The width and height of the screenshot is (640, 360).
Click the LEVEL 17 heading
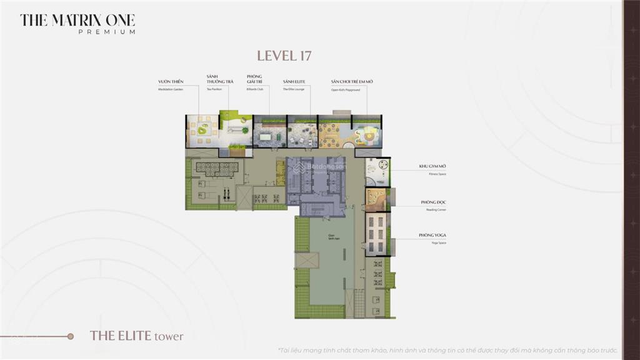pos(284,56)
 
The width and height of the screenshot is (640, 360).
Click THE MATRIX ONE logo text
pos(77,20)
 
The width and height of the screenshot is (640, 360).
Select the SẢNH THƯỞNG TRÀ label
pos(216,79)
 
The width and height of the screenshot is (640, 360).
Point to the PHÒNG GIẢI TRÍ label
pos(254,79)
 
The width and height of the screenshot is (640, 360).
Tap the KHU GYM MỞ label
pos(432,167)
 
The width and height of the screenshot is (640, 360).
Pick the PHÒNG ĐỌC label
pos(433,202)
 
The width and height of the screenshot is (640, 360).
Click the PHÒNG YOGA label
pos(432,236)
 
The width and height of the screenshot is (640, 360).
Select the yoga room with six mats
pos(376,234)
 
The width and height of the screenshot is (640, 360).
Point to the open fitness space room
pos(377,171)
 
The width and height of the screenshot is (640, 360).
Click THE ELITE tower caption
pos(137,336)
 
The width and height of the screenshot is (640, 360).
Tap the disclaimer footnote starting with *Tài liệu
pos(447,350)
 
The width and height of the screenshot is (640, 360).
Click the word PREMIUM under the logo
pos(107,32)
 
